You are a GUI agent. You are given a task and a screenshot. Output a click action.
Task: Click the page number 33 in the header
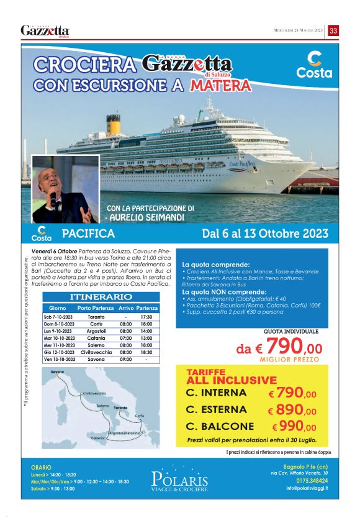[333, 30]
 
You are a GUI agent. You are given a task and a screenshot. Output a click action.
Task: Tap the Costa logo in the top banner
[314, 65]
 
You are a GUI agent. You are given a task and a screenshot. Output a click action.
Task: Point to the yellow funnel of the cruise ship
[112, 124]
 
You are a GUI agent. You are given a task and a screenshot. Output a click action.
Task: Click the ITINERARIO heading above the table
[101, 298]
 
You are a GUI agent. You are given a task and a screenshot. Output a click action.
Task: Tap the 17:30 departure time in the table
[146, 316]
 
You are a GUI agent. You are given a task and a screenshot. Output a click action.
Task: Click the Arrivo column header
[126, 308]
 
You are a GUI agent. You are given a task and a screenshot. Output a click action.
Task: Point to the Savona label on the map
[57, 372]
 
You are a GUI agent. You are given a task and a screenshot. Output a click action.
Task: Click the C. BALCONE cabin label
[220, 427]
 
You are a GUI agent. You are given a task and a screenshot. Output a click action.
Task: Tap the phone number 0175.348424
[312, 480]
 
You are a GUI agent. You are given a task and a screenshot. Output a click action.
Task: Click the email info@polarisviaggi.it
[307, 488]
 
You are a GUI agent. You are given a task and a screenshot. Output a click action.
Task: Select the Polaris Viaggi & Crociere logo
[179, 480]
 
